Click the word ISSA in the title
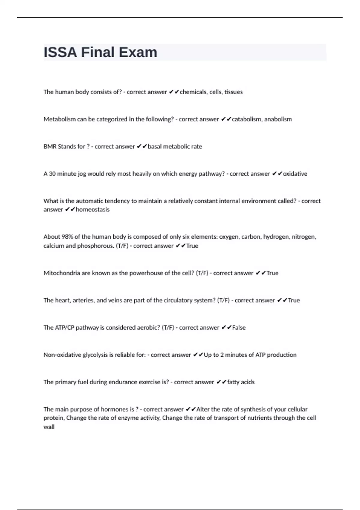tap(60, 52)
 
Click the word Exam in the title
tap(138, 52)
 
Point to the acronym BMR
tap(50, 146)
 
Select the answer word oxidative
tap(295, 174)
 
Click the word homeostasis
tap(93, 209)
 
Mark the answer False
tap(239, 328)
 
